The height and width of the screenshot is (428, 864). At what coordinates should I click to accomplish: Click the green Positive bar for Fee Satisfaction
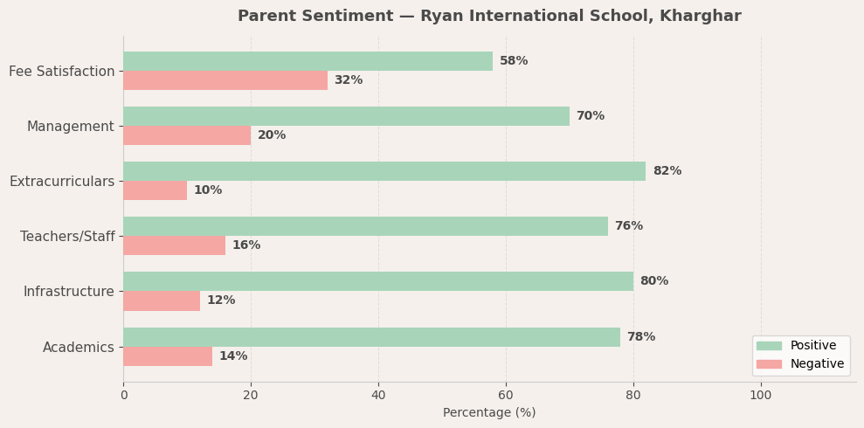(x=308, y=61)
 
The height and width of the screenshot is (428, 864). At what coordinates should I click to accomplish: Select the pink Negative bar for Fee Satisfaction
(x=225, y=80)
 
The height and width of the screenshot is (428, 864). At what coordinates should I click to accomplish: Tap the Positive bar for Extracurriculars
(x=384, y=171)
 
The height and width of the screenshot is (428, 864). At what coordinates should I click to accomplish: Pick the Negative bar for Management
(x=187, y=135)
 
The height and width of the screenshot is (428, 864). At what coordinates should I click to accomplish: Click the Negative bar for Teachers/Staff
(x=174, y=245)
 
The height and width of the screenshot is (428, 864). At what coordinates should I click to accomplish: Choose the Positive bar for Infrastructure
(x=378, y=281)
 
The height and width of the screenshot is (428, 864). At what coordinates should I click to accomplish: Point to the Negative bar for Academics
(x=168, y=356)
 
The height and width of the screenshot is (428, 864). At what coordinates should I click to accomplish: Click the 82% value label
(x=667, y=171)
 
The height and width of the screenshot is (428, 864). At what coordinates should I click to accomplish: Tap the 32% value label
(x=348, y=80)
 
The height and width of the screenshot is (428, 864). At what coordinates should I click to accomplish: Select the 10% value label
(x=208, y=190)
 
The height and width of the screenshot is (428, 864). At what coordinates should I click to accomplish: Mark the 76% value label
(x=628, y=226)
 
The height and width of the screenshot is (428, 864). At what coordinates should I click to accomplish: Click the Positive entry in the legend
(x=812, y=346)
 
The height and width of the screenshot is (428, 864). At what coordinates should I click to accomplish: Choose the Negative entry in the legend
(x=817, y=364)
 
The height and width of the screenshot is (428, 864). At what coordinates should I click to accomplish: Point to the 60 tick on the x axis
(x=506, y=396)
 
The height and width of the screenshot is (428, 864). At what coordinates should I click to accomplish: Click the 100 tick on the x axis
(x=761, y=396)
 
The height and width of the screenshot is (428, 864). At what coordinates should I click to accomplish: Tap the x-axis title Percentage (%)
(x=489, y=413)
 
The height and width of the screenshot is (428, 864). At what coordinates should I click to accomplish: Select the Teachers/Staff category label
(x=67, y=237)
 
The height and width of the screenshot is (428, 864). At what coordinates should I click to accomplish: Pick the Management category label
(x=71, y=127)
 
